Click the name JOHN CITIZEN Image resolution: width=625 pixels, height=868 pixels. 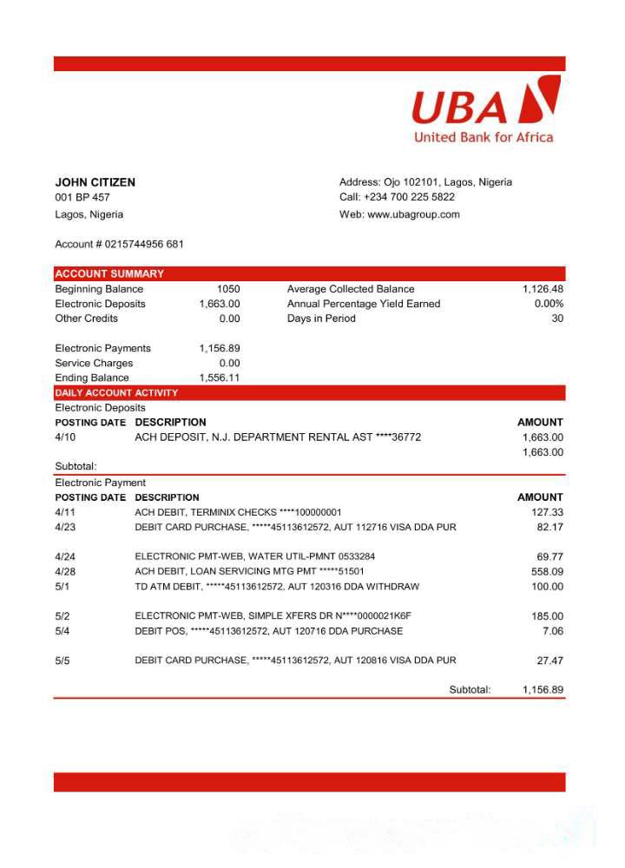[x=95, y=182]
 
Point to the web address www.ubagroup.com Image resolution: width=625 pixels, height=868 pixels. [x=413, y=214]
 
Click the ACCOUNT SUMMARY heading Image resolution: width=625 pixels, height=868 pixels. [x=109, y=273]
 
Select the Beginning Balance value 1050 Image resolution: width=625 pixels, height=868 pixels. [x=228, y=289]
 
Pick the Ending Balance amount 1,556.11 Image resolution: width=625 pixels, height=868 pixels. [x=220, y=378]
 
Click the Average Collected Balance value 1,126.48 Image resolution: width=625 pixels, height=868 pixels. [x=543, y=289]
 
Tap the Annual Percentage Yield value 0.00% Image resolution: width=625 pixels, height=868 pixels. [x=549, y=304]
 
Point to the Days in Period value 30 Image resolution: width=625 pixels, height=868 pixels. [x=557, y=319]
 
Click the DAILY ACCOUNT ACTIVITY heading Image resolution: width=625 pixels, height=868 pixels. [x=116, y=393]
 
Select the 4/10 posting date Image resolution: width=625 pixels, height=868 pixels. [x=65, y=437]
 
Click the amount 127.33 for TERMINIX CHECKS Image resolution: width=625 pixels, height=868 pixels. [x=547, y=512]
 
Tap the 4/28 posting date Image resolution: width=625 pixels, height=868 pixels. [x=65, y=572]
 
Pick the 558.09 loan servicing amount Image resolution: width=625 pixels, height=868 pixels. [x=547, y=572]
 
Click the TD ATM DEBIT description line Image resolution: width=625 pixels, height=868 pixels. [x=277, y=587]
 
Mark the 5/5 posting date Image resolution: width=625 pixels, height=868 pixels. [x=62, y=661]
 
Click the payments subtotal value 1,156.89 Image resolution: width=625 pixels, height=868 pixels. [x=543, y=690]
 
